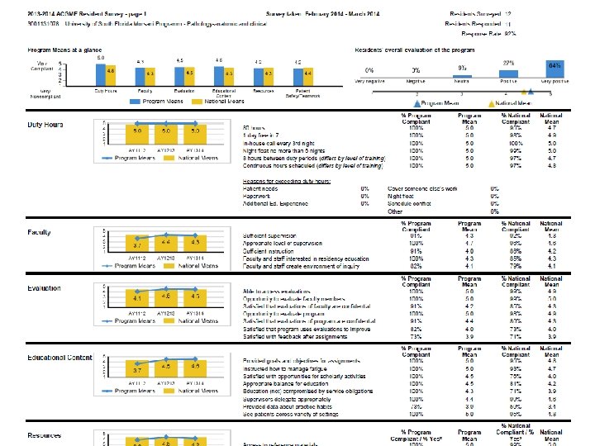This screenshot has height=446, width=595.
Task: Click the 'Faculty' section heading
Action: point(39,232)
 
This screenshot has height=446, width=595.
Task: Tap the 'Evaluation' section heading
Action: point(43,288)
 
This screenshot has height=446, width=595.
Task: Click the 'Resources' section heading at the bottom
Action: point(44,434)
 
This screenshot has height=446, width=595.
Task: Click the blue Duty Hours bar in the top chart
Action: point(100,71)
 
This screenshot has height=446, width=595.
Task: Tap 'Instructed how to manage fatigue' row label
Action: point(283,369)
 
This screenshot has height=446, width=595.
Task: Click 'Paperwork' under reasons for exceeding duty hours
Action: point(256,196)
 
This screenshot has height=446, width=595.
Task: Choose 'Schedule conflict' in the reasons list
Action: point(411,203)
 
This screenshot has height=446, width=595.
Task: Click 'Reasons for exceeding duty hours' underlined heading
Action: point(286,181)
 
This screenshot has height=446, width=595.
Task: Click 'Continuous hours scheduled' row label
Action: point(312,166)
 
